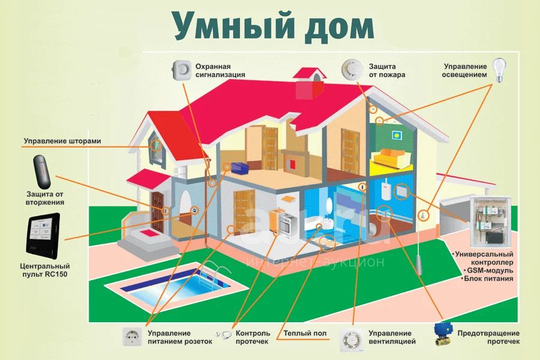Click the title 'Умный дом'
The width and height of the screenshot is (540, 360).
273,26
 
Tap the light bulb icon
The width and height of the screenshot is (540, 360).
499,70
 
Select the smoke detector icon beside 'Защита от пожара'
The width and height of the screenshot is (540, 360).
352,69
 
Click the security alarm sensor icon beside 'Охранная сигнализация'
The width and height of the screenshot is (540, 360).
181,70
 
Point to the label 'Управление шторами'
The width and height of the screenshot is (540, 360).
62,141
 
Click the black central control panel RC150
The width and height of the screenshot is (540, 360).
43,236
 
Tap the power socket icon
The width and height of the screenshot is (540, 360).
132,337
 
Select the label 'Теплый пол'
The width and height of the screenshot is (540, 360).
305,333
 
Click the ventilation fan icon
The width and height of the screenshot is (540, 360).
351,340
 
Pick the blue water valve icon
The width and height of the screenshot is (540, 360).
443,335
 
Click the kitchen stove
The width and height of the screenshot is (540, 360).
287,223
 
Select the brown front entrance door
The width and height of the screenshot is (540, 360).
157,212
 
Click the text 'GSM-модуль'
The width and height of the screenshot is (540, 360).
490,271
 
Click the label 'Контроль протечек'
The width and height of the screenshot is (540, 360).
253,337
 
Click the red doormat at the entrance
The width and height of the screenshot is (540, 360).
149,233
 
